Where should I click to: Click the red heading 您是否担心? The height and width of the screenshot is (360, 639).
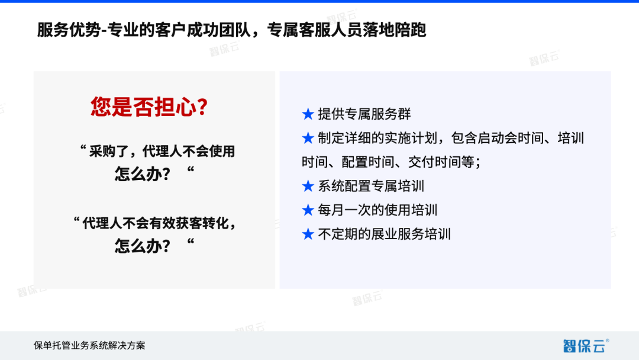pyautogui.click(x=149, y=107)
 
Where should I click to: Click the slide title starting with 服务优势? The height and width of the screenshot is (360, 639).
pyautogui.click(x=231, y=30)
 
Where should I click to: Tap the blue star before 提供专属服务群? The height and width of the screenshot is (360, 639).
pyautogui.click(x=308, y=114)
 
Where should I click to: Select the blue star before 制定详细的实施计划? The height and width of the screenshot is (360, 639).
pyautogui.click(x=308, y=139)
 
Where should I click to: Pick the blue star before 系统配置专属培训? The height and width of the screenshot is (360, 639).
pyautogui.click(x=308, y=186)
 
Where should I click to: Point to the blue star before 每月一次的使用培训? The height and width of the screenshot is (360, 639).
pyautogui.click(x=308, y=210)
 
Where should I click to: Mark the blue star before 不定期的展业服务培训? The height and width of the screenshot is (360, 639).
pyautogui.click(x=308, y=234)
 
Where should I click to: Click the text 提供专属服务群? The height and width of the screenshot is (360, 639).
pyautogui.click(x=364, y=114)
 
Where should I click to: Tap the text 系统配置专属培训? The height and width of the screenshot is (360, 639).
pyautogui.click(x=371, y=186)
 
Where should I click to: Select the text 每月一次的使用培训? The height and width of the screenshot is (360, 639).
pyautogui.click(x=377, y=210)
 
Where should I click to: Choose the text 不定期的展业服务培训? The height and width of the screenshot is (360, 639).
pyautogui.click(x=384, y=234)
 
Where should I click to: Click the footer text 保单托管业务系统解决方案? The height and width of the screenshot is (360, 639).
pyautogui.click(x=89, y=345)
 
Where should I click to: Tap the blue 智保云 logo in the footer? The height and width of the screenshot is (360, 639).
pyautogui.click(x=585, y=345)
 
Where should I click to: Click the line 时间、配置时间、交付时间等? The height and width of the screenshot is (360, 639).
pyautogui.click(x=390, y=162)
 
